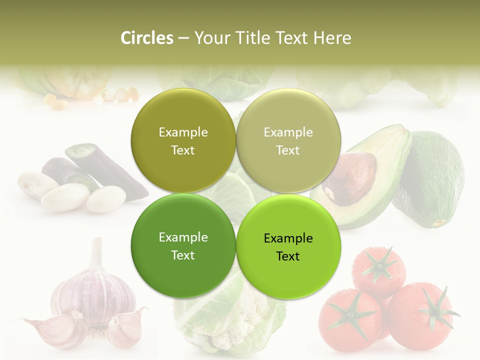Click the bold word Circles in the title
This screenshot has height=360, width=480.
click(146, 38)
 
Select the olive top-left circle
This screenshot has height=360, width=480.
click(183, 141)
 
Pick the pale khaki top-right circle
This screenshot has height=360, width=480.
click(288, 141)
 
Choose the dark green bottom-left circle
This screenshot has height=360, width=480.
click(183, 246)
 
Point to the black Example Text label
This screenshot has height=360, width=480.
click(288, 247)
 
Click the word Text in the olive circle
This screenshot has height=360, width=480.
click(183, 150)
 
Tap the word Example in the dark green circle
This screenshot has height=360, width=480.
click(183, 237)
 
